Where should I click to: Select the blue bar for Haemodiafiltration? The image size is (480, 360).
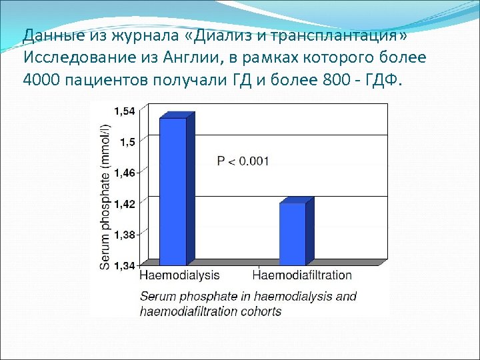click(x=292, y=234)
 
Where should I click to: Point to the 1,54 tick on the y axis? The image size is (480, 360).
click(x=124, y=111)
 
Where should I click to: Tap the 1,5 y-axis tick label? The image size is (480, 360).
click(x=127, y=141)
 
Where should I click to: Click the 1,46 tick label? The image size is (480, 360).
click(x=124, y=173)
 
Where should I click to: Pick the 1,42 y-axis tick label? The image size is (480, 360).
click(x=124, y=203)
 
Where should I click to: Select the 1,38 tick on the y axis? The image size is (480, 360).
click(x=124, y=235)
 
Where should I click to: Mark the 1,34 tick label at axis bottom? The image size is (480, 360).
click(x=124, y=265)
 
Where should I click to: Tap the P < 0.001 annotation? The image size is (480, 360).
click(x=243, y=161)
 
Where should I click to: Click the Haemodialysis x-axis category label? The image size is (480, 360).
click(x=179, y=275)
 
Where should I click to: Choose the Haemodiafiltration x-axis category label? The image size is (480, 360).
click(x=303, y=275)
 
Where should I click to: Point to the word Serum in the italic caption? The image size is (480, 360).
click(x=157, y=296)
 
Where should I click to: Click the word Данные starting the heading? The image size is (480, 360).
click(x=48, y=35)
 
